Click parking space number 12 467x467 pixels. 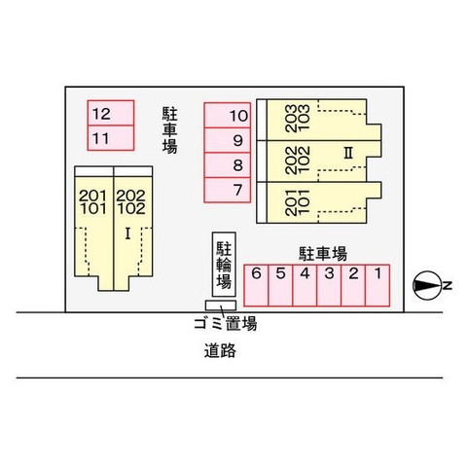point(111,113)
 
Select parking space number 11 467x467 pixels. point(111,138)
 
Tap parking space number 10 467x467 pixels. point(228,115)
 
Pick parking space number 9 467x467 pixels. point(228,140)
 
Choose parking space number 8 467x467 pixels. point(228,165)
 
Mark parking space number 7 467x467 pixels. point(228,190)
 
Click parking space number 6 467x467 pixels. point(256,285)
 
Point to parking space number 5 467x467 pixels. point(280,285)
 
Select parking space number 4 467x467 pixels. point(305,285)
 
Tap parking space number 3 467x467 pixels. point(329,285)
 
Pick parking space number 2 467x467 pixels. point(353,285)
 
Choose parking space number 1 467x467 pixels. point(377,285)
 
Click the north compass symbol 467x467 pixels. point(427,285)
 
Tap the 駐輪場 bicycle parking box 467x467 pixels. point(224,265)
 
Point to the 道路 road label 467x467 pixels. point(220,350)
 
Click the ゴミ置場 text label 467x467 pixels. point(226,323)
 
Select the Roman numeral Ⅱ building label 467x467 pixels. point(348,153)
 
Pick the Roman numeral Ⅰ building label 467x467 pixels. point(127,233)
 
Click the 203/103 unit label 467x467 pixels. point(298,118)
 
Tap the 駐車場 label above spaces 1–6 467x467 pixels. point(323,254)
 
